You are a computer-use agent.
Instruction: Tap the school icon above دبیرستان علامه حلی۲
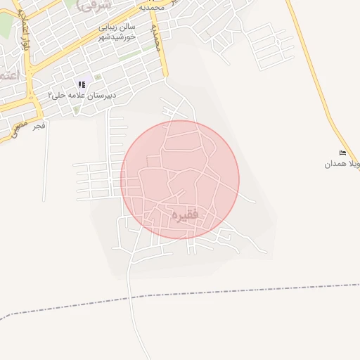pyautogui.click(x=82, y=84)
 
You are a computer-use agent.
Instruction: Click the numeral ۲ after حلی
pyautogui.click(x=51, y=94)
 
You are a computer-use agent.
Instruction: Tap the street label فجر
pyautogui.click(x=38, y=125)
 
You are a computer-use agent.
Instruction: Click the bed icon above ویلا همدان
pyautogui.click(x=342, y=153)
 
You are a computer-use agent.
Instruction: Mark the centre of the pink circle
pyautogui.click(x=180, y=180)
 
